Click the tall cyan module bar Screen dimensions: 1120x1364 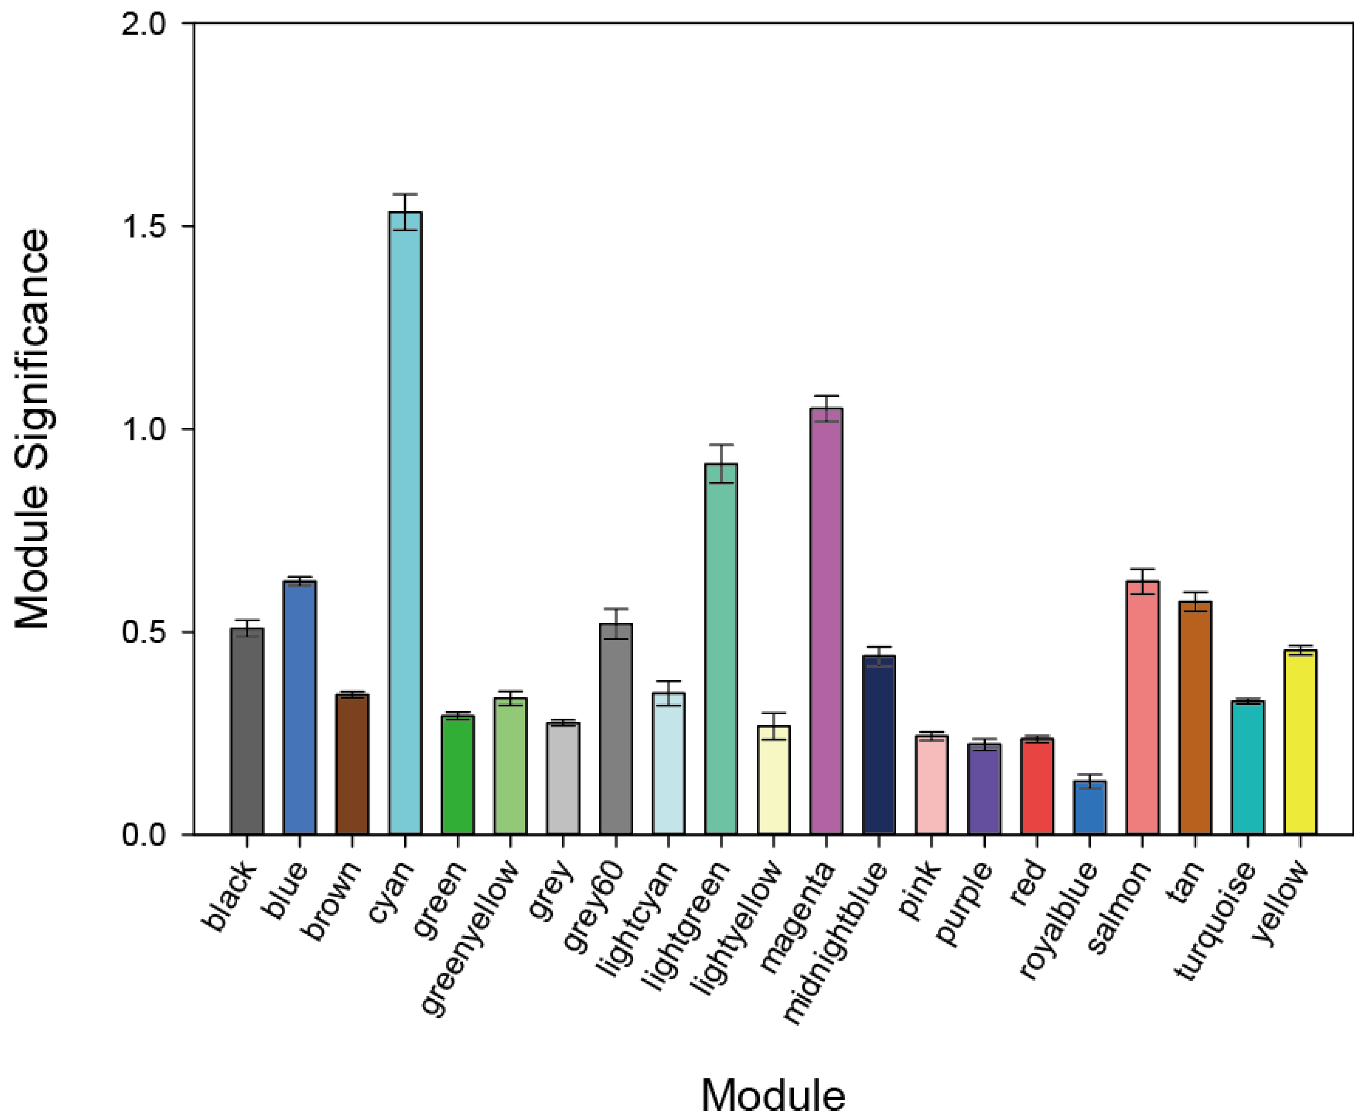[x=405, y=522]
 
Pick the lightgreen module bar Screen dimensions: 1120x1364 [x=721, y=648]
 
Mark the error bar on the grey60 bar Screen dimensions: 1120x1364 [x=616, y=623]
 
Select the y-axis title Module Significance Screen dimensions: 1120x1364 [x=32, y=429]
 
